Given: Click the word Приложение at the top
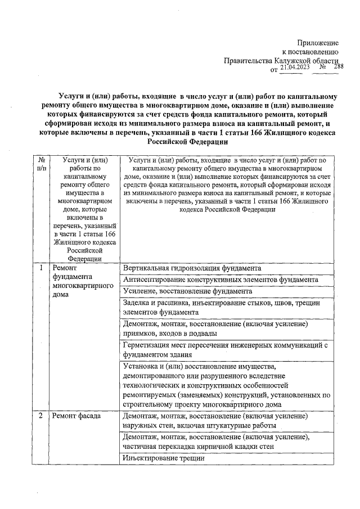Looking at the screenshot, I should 318,43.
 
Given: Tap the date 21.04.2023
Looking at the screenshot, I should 295,67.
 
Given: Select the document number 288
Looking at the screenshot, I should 338,67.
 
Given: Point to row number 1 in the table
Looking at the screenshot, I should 41,268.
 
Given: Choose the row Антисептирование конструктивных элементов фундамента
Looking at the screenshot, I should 220,280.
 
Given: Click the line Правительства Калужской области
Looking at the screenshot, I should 281,60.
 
